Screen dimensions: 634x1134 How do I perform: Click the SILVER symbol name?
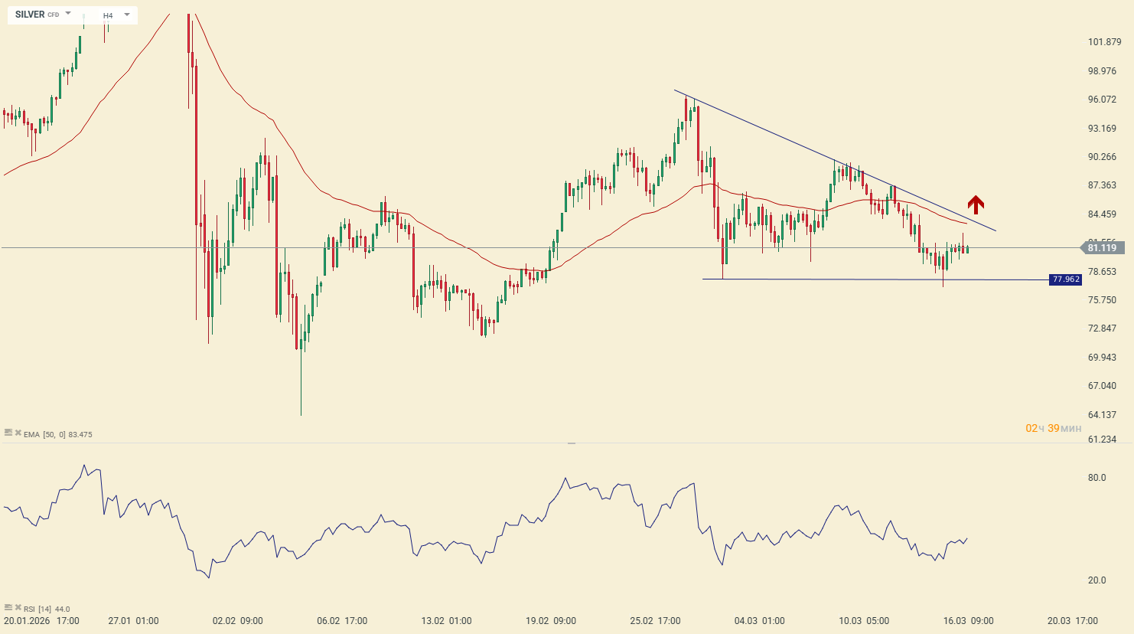point(30,15)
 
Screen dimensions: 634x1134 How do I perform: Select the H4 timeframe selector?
point(108,15)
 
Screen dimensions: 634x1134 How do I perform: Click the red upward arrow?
point(975,204)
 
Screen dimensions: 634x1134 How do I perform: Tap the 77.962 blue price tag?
point(1065,279)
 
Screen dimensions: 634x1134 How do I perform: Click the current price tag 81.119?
point(1102,248)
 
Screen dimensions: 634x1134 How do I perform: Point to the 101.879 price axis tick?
point(1104,42)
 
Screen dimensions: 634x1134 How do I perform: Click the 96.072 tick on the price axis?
point(1102,100)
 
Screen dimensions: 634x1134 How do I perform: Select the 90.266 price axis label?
point(1102,157)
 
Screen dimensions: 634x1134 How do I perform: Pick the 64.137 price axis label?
point(1102,415)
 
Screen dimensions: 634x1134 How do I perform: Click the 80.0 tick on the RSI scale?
point(1097,478)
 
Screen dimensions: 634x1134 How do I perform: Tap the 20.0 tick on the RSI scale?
point(1097,580)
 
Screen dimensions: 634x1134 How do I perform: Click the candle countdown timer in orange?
point(1053,428)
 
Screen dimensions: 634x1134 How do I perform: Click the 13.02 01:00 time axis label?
point(447,621)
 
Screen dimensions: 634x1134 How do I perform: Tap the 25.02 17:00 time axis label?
point(656,621)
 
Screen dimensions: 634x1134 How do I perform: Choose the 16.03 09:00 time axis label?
point(969,621)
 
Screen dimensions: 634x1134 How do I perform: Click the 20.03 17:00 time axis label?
point(1073,621)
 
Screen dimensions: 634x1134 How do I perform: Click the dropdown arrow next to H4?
point(127,15)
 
